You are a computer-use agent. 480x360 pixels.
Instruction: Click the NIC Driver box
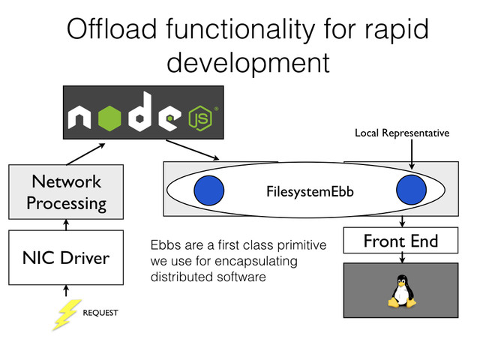pyautogui.click(x=65, y=258)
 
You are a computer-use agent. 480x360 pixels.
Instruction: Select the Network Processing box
pyautogui.click(x=65, y=192)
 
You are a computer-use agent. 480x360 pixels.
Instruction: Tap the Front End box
pyautogui.click(x=400, y=241)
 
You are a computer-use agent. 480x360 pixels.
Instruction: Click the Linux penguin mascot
pyautogui.click(x=402, y=292)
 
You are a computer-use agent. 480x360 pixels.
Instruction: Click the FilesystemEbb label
pyautogui.click(x=310, y=192)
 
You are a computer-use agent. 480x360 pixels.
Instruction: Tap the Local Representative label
pyautogui.click(x=402, y=133)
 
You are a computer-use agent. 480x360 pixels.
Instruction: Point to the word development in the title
pyautogui.click(x=247, y=62)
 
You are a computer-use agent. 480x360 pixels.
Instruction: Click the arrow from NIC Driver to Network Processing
pyautogui.click(x=65, y=223)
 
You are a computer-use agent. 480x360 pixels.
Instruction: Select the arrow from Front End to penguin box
pyautogui.click(x=402, y=257)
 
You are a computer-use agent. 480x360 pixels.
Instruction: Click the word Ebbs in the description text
pyautogui.click(x=166, y=245)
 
